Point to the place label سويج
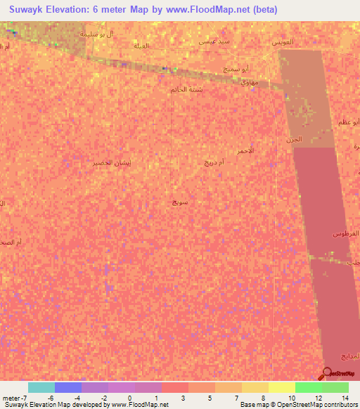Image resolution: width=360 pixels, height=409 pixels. coord(180,202)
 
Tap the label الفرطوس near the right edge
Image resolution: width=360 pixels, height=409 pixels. coord(345,233)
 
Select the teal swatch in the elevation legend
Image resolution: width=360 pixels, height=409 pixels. coord(41,387)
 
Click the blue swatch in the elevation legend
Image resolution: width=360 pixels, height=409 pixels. coord(68,387)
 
